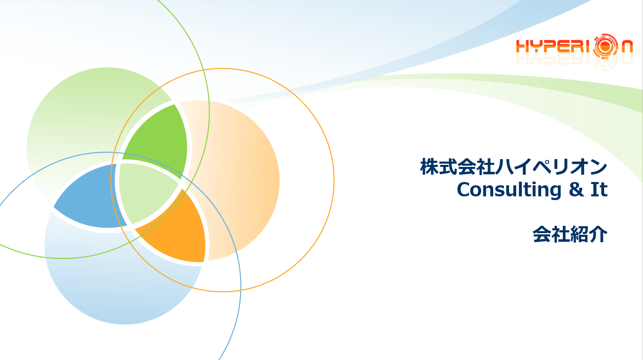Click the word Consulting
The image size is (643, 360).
(x=509, y=190)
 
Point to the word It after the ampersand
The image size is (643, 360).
(x=599, y=189)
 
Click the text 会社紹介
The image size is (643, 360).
(x=570, y=234)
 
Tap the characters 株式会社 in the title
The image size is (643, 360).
(x=458, y=166)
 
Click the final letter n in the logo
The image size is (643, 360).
(x=627, y=47)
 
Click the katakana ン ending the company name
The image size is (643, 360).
(x=598, y=167)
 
